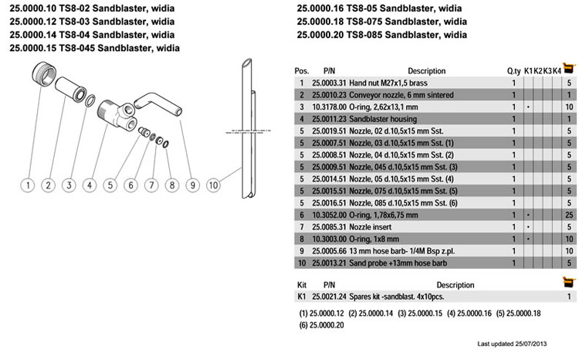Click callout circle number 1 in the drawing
coord(27,185)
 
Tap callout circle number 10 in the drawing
coord(213,185)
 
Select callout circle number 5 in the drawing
coord(110,185)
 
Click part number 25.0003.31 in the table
coord(329,83)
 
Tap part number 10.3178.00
coord(329,107)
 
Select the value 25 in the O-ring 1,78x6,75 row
coord(568,215)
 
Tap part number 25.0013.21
coord(329,263)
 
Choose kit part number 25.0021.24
coord(329,297)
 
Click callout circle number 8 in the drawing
coord(172,185)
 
